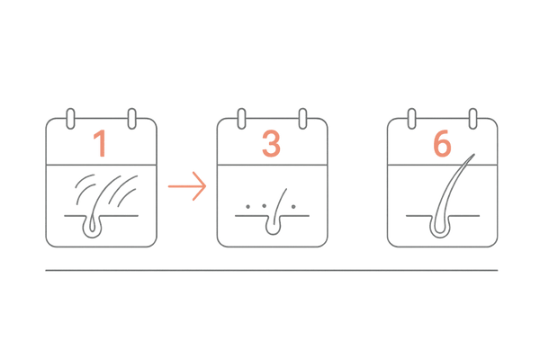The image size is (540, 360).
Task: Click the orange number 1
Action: pyautogui.click(x=100, y=143)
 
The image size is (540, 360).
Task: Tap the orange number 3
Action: pyautogui.click(x=271, y=143)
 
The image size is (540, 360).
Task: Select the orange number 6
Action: pyautogui.click(x=442, y=143)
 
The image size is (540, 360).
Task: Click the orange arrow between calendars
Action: pyautogui.click(x=187, y=186)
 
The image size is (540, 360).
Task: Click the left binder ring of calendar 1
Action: pyautogui.click(x=70, y=119)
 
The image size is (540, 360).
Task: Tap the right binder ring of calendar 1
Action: pyautogui.click(x=132, y=119)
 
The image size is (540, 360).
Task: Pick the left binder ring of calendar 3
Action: pyautogui.click(x=242, y=119)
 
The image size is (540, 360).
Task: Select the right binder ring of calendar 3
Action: pyautogui.click(x=302, y=119)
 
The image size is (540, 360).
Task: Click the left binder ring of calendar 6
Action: pyautogui.click(x=411, y=119)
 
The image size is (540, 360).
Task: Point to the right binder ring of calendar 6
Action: pyautogui.click(x=473, y=119)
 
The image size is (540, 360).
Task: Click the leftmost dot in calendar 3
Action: pyautogui.click(x=248, y=207)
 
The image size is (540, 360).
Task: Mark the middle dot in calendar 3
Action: pyautogui.click(x=264, y=206)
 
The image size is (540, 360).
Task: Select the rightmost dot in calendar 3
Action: pyautogui.click(x=293, y=207)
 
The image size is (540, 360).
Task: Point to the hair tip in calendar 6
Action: pyautogui.click(x=474, y=154)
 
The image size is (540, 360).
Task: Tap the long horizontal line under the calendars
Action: pyautogui.click(x=272, y=270)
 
